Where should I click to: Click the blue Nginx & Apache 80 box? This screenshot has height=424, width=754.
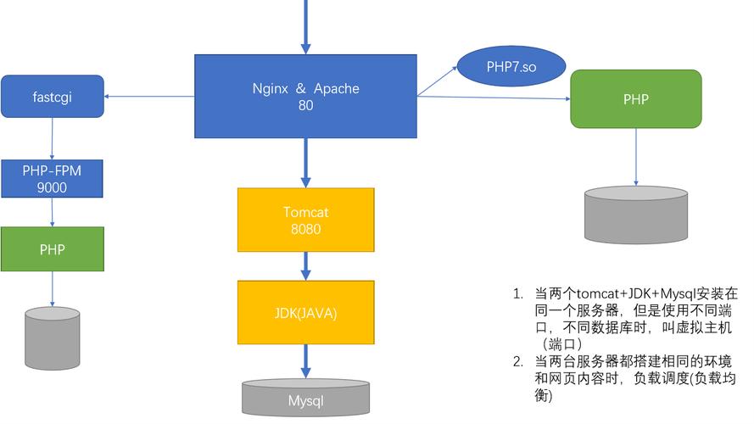click(305, 96)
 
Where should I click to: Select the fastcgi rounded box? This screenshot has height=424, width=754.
click(52, 96)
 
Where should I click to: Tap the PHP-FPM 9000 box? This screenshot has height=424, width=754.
click(52, 179)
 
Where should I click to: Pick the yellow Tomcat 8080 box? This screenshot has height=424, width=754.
click(305, 220)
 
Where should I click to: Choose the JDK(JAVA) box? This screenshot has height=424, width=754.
click(305, 313)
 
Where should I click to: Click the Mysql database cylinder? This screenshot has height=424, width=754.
click(305, 399)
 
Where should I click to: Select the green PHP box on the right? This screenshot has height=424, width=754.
click(635, 99)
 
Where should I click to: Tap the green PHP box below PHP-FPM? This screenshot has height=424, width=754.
click(52, 249)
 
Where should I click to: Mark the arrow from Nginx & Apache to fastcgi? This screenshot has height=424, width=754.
click(149, 96)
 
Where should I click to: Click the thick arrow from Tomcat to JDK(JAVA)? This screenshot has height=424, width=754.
click(305, 266)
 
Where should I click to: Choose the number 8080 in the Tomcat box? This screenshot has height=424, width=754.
click(305, 228)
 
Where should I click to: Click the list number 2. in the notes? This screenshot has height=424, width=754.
click(517, 361)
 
